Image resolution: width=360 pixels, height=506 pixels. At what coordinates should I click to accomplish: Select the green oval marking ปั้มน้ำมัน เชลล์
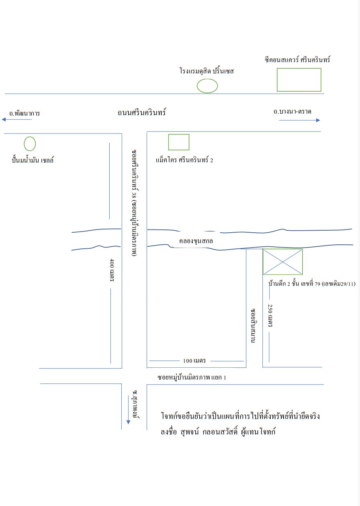[x=24, y=143]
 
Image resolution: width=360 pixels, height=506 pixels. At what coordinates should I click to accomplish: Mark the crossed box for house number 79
[x=282, y=262]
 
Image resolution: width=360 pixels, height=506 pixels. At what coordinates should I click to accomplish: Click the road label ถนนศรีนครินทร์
[x=141, y=112]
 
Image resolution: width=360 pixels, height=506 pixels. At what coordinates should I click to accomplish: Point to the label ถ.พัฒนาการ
[x=25, y=113]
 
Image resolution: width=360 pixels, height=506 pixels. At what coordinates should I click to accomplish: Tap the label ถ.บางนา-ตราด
[x=292, y=111]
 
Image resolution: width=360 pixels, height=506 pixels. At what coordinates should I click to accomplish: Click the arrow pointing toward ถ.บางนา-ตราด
[x=299, y=120]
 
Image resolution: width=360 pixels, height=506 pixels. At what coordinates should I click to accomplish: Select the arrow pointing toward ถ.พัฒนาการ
[x=17, y=119]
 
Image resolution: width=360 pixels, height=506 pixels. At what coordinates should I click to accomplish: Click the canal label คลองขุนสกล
[x=196, y=241]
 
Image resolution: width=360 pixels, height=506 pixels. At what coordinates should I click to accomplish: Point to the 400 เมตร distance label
[x=112, y=270]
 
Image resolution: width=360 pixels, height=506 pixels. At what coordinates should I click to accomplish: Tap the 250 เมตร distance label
[x=270, y=315]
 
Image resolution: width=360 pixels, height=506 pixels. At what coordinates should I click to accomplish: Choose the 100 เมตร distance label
[x=194, y=361]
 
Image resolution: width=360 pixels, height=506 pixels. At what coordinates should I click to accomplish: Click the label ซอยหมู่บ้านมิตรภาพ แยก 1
[x=192, y=377]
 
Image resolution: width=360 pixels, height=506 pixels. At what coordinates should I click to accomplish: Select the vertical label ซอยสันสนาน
[x=253, y=326]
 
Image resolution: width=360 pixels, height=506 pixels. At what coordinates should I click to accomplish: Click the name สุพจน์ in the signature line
[x=190, y=432]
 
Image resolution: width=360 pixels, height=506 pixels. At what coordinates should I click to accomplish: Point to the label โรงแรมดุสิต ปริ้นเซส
[x=207, y=71]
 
